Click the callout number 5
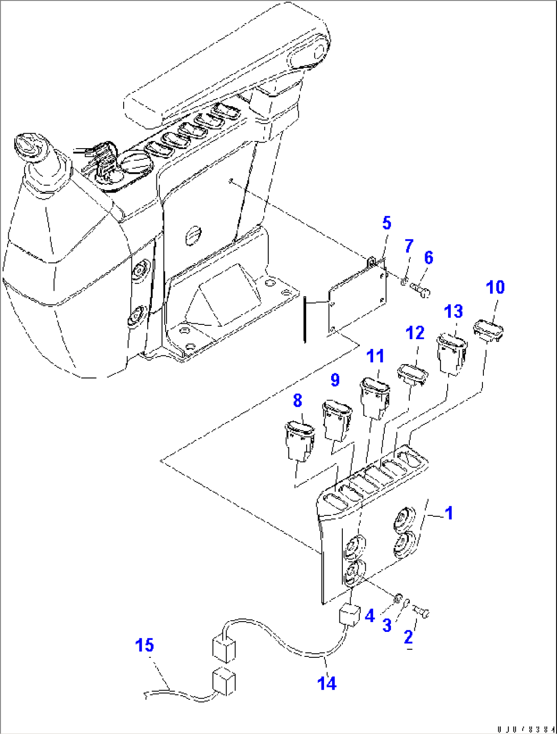point(387,223)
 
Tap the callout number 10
point(495,288)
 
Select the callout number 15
point(144,645)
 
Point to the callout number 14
point(327,683)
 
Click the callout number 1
point(449,513)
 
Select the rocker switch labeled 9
point(337,420)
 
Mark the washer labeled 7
point(404,281)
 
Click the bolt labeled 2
point(422,611)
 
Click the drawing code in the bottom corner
point(526,728)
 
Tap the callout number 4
point(370,615)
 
